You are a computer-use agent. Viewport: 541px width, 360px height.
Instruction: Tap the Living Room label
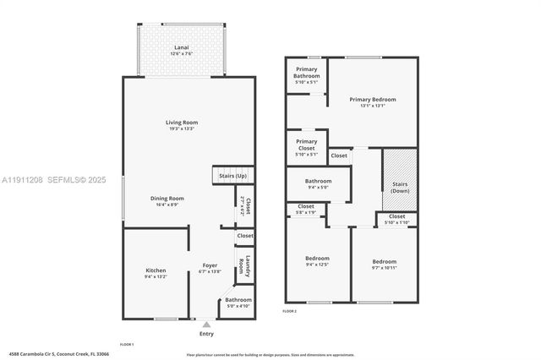(181, 125)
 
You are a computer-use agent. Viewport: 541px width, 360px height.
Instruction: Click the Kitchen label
(155, 273)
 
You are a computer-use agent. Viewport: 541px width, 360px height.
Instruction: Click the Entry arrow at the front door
(206, 324)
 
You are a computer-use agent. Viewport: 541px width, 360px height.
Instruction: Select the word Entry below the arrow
(206, 333)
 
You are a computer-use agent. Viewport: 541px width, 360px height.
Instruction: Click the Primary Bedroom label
(372, 102)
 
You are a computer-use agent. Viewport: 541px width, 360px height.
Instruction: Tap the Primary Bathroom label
(307, 74)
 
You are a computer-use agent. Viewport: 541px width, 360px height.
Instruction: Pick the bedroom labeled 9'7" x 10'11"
(385, 264)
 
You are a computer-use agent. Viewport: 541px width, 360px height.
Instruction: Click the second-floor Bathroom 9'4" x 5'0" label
(318, 183)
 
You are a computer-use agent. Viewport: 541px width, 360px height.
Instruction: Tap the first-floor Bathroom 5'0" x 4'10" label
(238, 303)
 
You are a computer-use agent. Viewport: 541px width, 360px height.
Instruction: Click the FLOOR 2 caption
(289, 311)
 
